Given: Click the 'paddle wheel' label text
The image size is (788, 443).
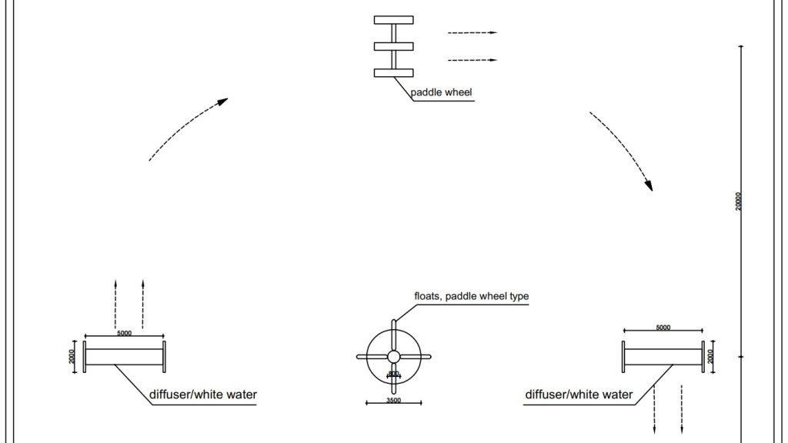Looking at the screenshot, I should (441, 93).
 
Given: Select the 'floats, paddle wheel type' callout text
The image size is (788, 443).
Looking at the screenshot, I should (472, 296).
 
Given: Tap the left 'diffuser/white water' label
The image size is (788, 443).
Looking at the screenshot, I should (203, 395).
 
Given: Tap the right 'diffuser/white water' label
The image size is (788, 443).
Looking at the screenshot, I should (579, 395).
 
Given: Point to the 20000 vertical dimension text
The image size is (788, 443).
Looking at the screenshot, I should (739, 202).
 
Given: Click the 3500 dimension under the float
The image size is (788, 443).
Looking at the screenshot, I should (393, 401).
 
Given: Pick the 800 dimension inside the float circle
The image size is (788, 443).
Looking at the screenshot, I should (393, 374).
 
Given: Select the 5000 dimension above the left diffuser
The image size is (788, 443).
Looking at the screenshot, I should (124, 333).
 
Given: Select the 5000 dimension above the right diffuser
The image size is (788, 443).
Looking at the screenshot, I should (663, 328).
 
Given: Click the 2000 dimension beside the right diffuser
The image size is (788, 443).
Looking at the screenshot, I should (711, 357).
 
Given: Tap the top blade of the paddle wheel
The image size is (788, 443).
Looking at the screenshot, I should (393, 20).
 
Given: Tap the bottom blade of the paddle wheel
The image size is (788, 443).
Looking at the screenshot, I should (393, 73).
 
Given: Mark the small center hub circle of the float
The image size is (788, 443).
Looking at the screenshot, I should (393, 357).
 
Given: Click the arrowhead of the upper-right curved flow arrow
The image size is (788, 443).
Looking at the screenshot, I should (649, 185).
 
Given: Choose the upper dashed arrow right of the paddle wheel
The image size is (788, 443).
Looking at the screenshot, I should (472, 33).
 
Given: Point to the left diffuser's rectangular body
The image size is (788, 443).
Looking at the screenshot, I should (124, 357).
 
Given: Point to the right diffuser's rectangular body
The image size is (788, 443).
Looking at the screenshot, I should (663, 357).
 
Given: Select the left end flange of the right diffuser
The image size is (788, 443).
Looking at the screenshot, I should (623, 357).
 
